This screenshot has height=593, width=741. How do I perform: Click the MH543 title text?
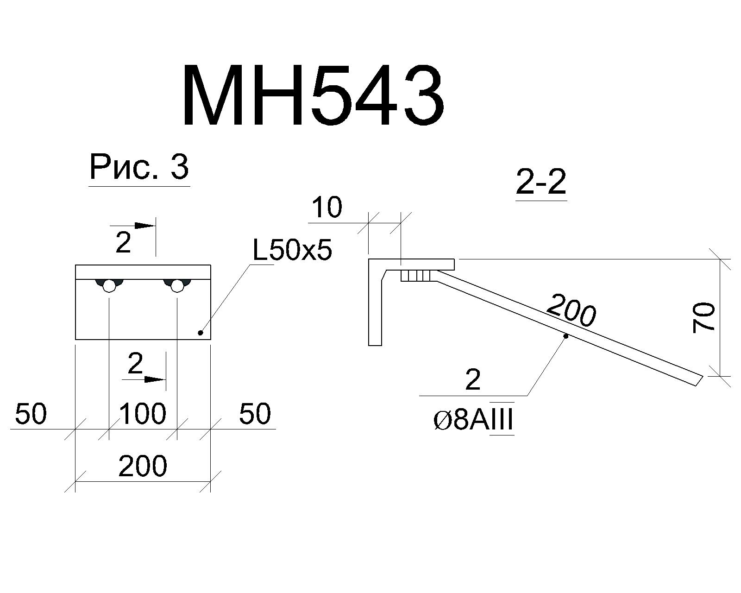313,95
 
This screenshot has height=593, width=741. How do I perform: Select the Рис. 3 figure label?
139,167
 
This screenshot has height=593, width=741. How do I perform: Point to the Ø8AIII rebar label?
474,420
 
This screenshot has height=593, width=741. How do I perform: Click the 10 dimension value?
327,207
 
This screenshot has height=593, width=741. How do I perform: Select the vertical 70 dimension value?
704,317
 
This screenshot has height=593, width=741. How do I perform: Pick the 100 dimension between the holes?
143,414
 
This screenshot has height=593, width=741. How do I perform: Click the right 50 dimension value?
255,414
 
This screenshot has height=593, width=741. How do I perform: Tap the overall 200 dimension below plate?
143,466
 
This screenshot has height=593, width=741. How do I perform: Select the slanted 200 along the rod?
571,310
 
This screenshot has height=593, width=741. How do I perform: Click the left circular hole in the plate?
109,286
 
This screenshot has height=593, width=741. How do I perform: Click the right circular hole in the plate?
177,286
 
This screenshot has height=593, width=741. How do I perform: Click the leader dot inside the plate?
200,333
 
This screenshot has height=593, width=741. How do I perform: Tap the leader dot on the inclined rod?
566,335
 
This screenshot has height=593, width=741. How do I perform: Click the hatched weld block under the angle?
418,276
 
